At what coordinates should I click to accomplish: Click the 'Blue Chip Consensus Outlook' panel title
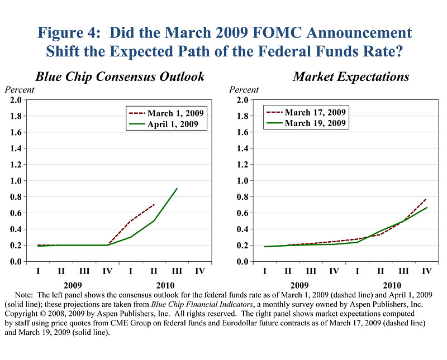[x=120, y=76]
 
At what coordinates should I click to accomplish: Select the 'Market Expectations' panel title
[x=351, y=76]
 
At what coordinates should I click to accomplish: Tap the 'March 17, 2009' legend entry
[x=315, y=112]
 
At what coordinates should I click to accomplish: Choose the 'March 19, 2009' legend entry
[x=315, y=123]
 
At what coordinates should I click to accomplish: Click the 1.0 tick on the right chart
[x=241, y=181]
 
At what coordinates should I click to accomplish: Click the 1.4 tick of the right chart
[x=241, y=148]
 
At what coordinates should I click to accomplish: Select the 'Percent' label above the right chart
[x=244, y=89]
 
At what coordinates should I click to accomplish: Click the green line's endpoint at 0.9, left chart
[x=177, y=189]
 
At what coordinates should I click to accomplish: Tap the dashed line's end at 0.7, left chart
[x=154, y=205]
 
